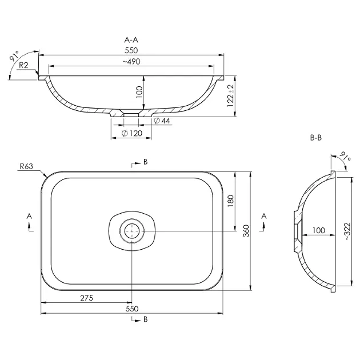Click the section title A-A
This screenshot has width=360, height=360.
[x=131, y=40]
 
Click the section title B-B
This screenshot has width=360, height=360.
[x=316, y=138]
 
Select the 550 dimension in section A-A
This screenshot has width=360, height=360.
[x=131, y=50]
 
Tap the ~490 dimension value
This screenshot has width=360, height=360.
[x=131, y=62]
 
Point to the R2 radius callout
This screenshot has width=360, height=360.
[x=23, y=66]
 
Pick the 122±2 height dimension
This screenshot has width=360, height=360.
[x=230, y=96]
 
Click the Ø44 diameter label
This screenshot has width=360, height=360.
[x=162, y=121]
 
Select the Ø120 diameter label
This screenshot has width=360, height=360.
[x=132, y=133]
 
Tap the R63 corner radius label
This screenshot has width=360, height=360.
[x=26, y=166]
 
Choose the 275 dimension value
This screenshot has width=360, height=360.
[x=86, y=298]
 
